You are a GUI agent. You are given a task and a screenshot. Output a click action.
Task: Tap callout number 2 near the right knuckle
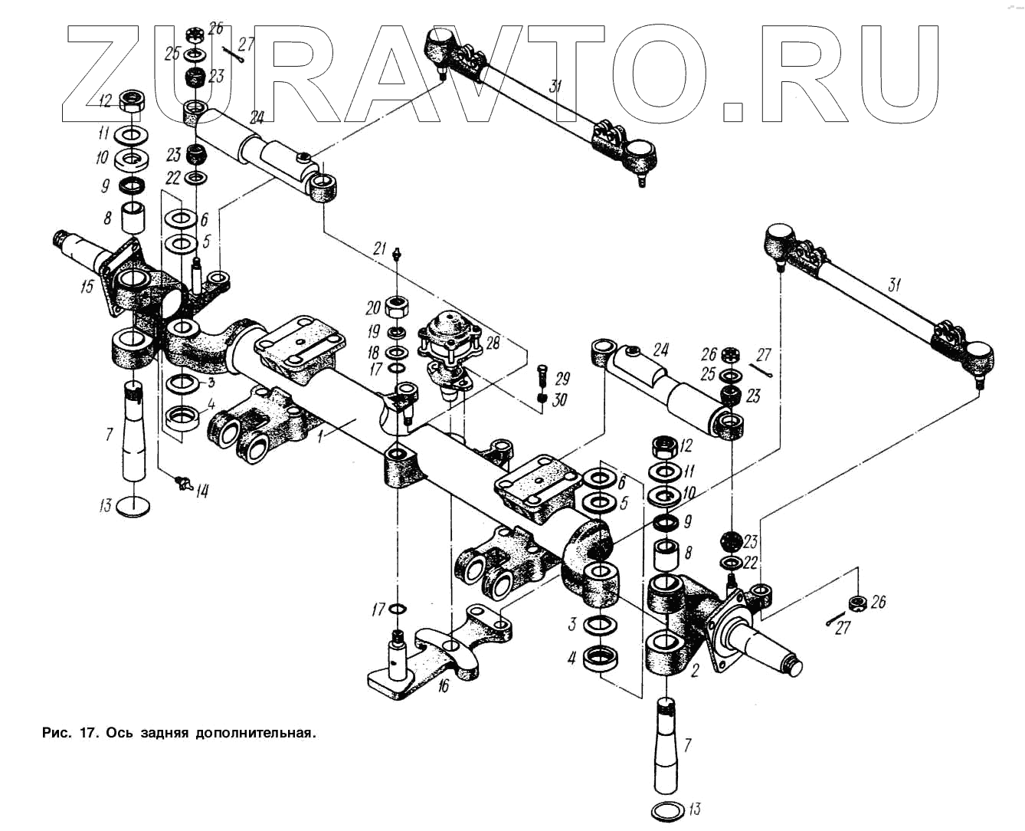[694, 672]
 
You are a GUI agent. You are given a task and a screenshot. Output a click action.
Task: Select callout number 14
[201, 491]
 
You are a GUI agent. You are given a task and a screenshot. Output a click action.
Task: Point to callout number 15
[87, 287]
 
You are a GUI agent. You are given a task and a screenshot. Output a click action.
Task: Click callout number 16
[443, 685]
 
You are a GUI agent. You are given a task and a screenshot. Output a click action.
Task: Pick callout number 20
[373, 308]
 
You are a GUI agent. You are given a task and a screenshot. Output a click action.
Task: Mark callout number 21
[380, 248]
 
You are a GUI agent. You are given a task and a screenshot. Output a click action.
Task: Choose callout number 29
[563, 379]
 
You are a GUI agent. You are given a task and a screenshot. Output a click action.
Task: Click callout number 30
[560, 399]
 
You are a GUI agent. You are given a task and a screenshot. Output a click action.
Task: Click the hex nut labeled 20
[398, 308]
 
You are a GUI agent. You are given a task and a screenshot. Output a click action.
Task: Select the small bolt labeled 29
[542, 376]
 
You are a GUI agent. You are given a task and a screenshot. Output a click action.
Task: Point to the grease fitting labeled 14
[182, 482]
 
